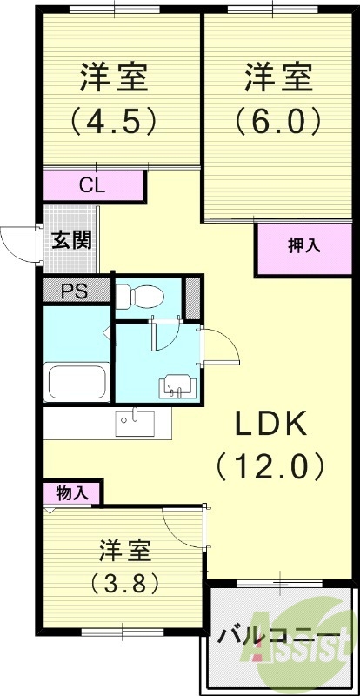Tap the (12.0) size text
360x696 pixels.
point(270,467)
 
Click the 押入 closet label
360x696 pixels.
point(303,245)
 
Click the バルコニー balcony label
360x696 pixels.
point(277,634)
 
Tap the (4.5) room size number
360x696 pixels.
point(114,120)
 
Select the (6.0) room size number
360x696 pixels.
point(277,120)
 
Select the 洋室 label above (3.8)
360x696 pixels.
point(125,550)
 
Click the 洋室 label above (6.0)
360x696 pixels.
point(277,78)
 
